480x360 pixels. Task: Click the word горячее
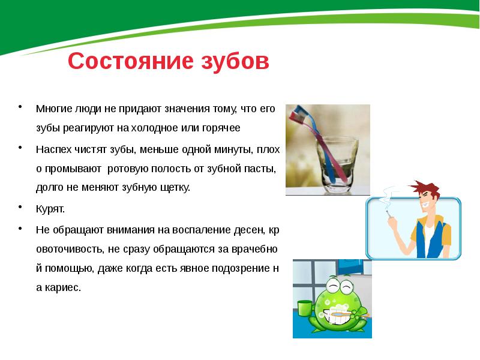[x=220, y=128]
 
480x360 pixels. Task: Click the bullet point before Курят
[x=21, y=207]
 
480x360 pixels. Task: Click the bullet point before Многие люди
[x=21, y=108]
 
